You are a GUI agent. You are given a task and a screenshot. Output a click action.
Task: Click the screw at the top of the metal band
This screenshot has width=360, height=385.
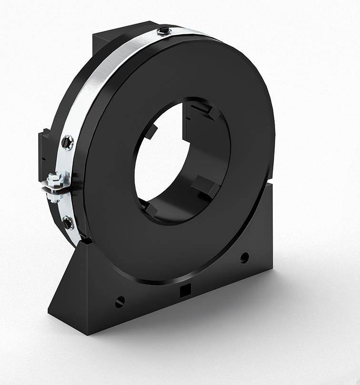tap(164, 31)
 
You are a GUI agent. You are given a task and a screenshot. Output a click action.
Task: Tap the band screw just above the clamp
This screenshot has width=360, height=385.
tap(68, 142)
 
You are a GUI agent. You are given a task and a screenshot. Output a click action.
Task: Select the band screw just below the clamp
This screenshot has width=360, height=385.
tap(68, 223)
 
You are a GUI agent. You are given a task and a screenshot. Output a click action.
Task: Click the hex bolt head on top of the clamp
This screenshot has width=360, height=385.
tap(55, 179)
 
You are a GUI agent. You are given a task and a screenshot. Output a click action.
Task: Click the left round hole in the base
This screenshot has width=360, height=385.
tap(120, 301)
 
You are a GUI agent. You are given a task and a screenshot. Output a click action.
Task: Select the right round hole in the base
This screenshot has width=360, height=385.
tap(244, 258)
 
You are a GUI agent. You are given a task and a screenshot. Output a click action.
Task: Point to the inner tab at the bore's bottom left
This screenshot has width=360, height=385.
tap(151, 208)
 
